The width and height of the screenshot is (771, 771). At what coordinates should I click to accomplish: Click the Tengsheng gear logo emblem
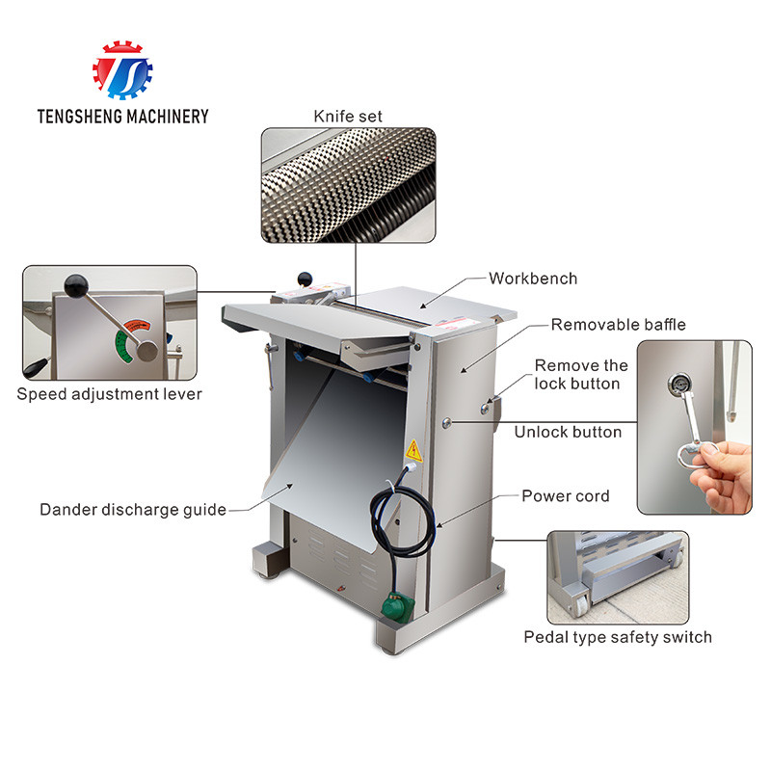[x=122, y=69]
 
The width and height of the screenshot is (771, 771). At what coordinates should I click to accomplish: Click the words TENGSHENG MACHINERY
[x=123, y=117]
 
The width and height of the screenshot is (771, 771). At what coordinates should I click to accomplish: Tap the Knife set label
[x=348, y=117]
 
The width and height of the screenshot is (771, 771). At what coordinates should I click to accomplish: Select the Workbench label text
[x=533, y=279]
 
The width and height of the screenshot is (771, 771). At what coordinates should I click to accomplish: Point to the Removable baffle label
[x=618, y=325]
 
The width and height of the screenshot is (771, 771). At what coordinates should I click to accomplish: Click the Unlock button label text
[x=568, y=432]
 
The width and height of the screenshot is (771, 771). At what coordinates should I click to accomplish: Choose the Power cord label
[x=566, y=495]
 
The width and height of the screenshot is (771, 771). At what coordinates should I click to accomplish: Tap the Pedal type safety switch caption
[x=618, y=637]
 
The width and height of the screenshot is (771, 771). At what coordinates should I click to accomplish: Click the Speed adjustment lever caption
[x=109, y=394]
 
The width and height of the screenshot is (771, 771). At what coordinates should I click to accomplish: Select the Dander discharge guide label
[x=133, y=510]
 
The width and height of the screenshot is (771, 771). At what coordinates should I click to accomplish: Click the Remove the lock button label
[x=581, y=374]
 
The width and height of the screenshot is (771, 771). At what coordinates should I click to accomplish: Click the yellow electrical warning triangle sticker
[x=413, y=451]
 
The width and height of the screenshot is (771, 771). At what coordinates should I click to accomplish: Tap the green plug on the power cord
[x=397, y=608]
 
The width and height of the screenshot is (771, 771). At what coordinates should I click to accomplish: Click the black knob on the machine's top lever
[x=305, y=279]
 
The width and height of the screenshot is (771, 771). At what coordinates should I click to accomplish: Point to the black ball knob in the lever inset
[x=76, y=285]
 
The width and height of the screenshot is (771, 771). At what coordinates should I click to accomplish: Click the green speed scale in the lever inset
[x=123, y=346]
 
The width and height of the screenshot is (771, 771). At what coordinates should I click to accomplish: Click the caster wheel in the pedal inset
[x=580, y=603]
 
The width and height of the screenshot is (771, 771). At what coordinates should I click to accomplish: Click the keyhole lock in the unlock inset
[x=678, y=383]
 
